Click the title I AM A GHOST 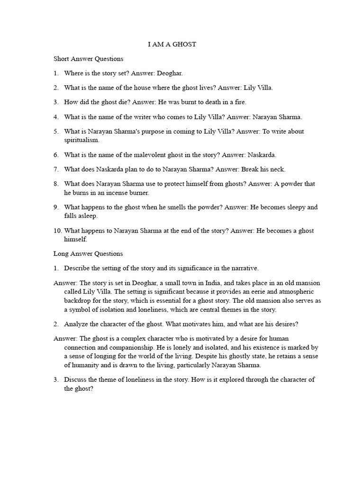click(172, 45)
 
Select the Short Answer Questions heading click(88, 59)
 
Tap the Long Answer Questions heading click(88, 254)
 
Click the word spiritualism click(82, 140)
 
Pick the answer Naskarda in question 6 click(262, 155)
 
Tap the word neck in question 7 click(278, 169)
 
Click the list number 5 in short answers click(55, 131)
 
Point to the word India click(191, 283)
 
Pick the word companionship click(113, 347)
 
